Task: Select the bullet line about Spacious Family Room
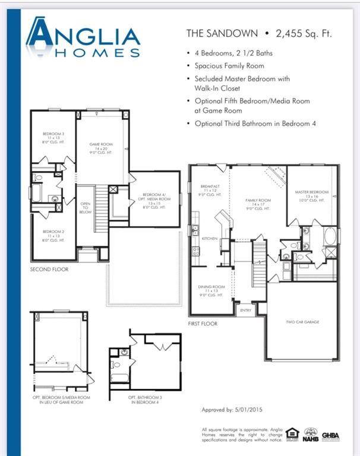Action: (x=229, y=66)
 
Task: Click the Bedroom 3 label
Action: (x=53, y=138)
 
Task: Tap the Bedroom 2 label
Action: (x=53, y=235)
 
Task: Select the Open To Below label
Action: (x=86, y=207)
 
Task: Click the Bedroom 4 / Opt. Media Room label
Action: (x=154, y=201)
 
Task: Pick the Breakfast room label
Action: (x=210, y=191)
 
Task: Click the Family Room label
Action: (x=258, y=204)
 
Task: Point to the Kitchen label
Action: (x=210, y=238)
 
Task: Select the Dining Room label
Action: (x=211, y=290)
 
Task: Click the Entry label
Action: (x=245, y=310)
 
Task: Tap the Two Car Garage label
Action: (x=302, y=321)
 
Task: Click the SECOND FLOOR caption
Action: (x=49, y=270)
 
